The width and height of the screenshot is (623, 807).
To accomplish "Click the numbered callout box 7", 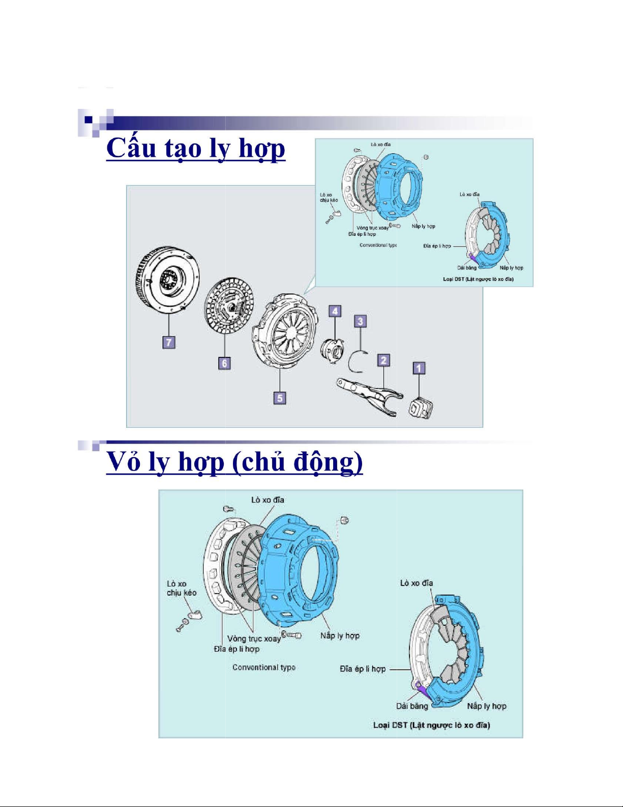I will point(169,342).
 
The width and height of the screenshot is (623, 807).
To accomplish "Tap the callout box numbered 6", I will point(225,363).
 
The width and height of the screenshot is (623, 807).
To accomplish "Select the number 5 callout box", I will point(280,398).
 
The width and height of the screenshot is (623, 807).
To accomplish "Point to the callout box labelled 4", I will point(335,311).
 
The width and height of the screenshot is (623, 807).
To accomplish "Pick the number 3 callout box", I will point(361,321).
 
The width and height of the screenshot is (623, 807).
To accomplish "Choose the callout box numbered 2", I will point(383,360).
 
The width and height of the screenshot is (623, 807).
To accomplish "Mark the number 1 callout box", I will point(419,368).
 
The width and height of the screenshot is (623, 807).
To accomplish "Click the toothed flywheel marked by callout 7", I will point(168,280).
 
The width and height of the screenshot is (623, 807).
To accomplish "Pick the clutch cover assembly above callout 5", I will point(285,331).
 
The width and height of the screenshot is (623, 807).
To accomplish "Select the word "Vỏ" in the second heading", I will point(123,462).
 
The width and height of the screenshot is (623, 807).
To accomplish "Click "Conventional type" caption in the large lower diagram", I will point(264,667).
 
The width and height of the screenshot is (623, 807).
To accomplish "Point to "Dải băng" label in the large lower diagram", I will point(412,706).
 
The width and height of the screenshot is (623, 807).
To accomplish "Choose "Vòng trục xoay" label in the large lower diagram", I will point(254,638).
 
